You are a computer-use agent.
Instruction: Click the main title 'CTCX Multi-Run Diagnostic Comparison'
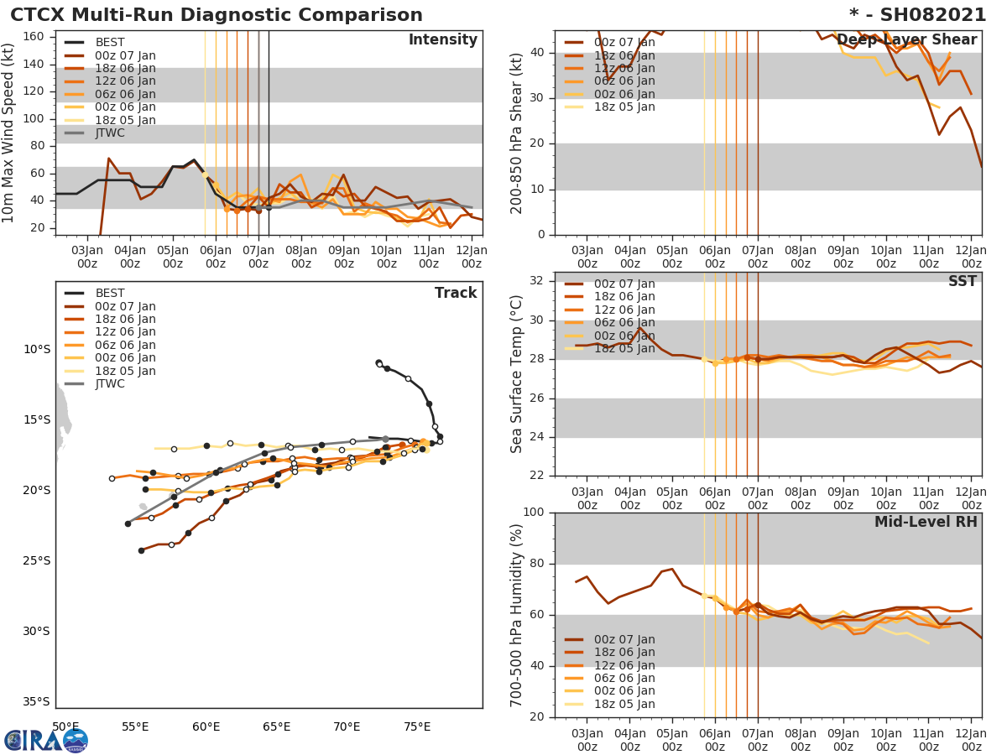pyautogui.click(x=217, y=15)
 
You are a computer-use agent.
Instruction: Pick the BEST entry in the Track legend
pyautogui.click(x=109, y=294)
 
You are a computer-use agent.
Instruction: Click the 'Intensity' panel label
pyautogui.click(x=442, y=40)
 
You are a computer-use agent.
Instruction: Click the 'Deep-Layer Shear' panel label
pyautogui.click(x=906, y=40)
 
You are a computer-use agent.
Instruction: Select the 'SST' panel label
pyautogui.click(x=962, y=282)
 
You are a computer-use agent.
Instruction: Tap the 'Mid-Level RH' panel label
pyautogui.click(x=926, y=522)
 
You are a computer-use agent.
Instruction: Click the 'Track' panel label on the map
pyautogui.click(x=455, y=293)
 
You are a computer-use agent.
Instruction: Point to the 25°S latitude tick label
pyautogui.click(x=37, y=561)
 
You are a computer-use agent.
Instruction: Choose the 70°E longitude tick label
pyautogui.click(x=347, y=726)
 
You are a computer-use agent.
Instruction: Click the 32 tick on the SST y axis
pyautogui.click(x=537, y=279)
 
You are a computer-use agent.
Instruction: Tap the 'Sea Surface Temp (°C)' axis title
pyautogui.click(x=517, y=374)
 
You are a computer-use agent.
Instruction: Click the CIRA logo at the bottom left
pyautogui.click(x=46, y=740)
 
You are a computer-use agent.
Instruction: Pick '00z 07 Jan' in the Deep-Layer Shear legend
pyautogui.click(x=624, y=43)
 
